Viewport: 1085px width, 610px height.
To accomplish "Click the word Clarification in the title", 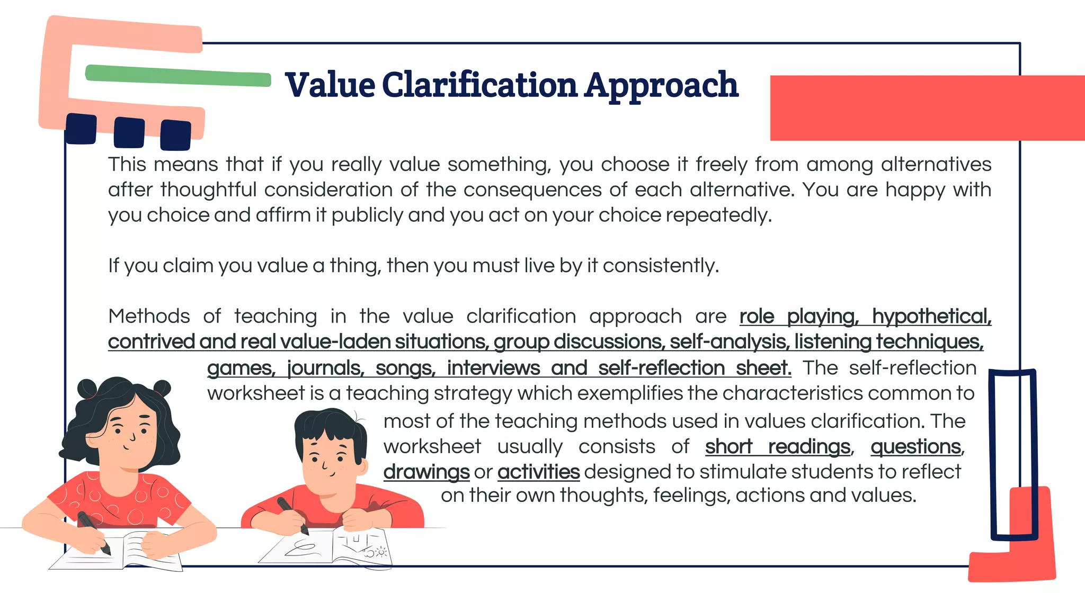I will [x=479, y=85].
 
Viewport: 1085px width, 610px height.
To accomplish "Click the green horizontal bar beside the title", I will [x=178, y=76].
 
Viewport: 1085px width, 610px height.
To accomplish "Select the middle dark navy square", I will [x=129, y=132].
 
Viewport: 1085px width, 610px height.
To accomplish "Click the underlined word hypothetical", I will [x=931, y=317].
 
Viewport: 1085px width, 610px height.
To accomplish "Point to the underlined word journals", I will [x=325, y=368].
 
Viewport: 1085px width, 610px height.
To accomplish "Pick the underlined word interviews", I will [x=493, y=368].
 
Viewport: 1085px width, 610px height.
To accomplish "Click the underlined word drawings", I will [x=426, y=472].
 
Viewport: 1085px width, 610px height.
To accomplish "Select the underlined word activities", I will [x=538, y=472].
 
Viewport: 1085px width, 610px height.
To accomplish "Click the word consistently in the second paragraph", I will [x=660, y=266].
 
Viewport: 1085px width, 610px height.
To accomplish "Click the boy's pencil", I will [x=292, y=514].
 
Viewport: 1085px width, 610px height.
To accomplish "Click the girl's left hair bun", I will [x=86, y=389].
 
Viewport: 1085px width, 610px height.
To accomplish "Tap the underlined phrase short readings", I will [x=777, y=447].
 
